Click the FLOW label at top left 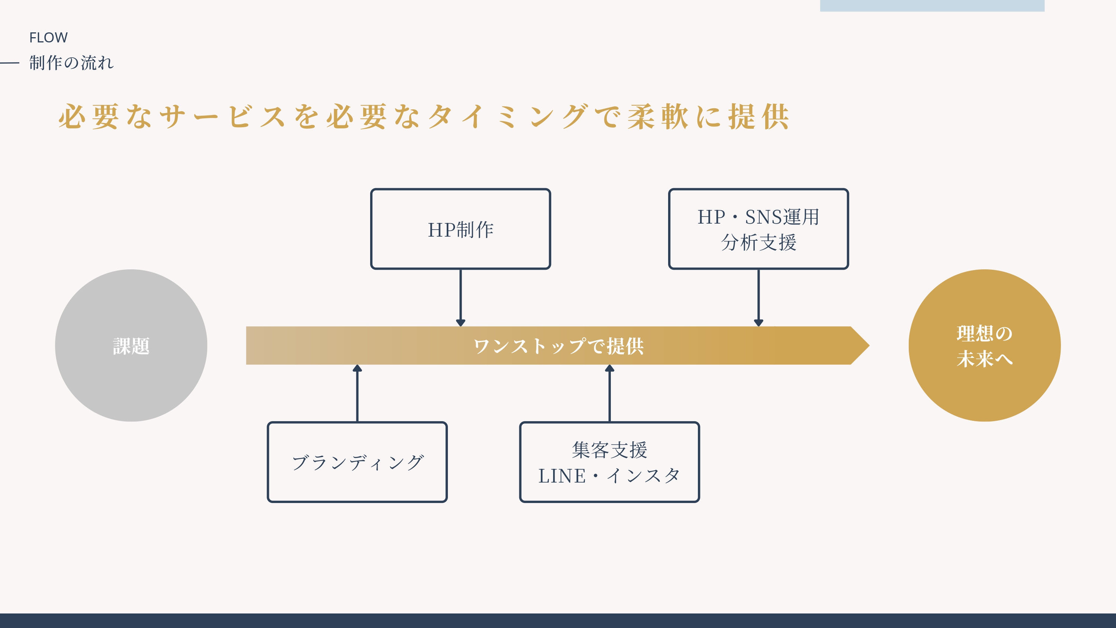coord(48,38)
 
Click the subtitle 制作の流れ coord(71,63)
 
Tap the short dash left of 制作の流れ coord(10,63)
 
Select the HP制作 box coord(460,229)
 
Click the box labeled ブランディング coord(357,462)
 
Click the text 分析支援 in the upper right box coord(758,242)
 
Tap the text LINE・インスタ coord(609,476)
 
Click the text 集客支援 coord(609,450)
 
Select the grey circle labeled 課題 coord(131,345)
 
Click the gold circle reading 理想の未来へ coord(984,345)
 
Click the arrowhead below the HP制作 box coord(461,323)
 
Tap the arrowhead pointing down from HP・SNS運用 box coord(758,323)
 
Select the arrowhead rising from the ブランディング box coord(357,368)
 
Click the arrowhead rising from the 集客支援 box coord(610,368)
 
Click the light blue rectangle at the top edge coord(931,5)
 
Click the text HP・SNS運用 coord(758,217)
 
